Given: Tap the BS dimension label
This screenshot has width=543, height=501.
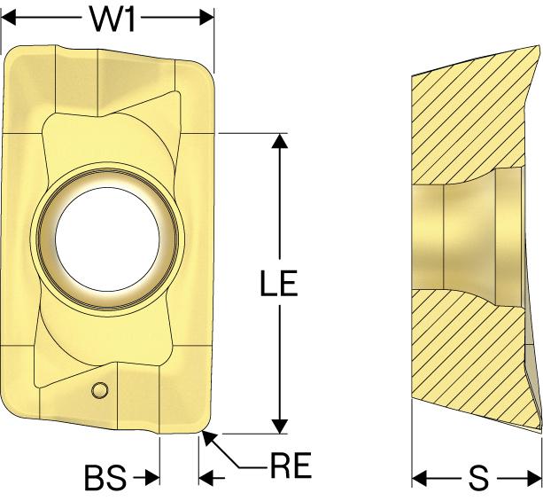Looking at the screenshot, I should [105, 480].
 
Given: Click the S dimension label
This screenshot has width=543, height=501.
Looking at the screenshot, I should [478, 480].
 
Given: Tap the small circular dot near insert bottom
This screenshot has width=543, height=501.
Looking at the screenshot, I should [101, 388].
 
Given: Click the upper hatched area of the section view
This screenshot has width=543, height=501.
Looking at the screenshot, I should [461, 115].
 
